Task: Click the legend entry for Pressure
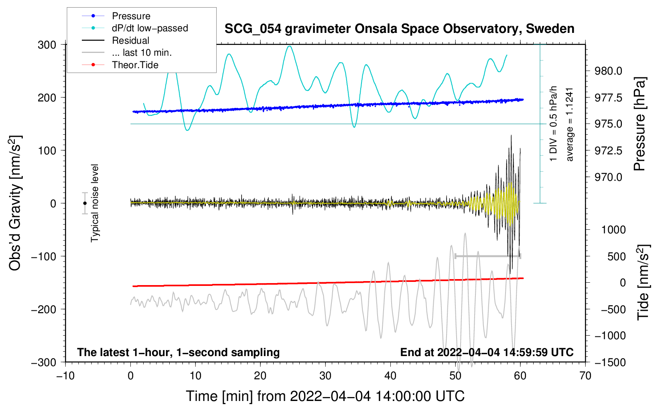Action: [116, 16]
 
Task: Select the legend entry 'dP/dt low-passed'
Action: [135, 28]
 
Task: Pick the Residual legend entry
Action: [116, 40]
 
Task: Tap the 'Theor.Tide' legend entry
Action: [120, 65]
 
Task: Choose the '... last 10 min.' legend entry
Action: [127, 53]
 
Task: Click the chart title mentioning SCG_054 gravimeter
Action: [399, 29]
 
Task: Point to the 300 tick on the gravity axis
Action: [47, 45]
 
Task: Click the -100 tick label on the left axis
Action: [44, 256]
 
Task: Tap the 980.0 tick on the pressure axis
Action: [608, 71]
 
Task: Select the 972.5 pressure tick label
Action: [608, 151]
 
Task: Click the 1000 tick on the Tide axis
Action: [613, 230]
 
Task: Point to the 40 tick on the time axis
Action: [390, 376]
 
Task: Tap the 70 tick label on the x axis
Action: [585, 376]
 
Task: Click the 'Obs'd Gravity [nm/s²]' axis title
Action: [15, 203]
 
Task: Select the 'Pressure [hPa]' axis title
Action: [640, 124]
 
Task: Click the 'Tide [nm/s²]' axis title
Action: [643, 282]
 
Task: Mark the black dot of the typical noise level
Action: [85, 203]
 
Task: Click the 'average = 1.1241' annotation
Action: [569, 125]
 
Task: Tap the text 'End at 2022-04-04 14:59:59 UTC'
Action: [487, 352]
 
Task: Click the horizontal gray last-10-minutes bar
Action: [487, 256]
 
